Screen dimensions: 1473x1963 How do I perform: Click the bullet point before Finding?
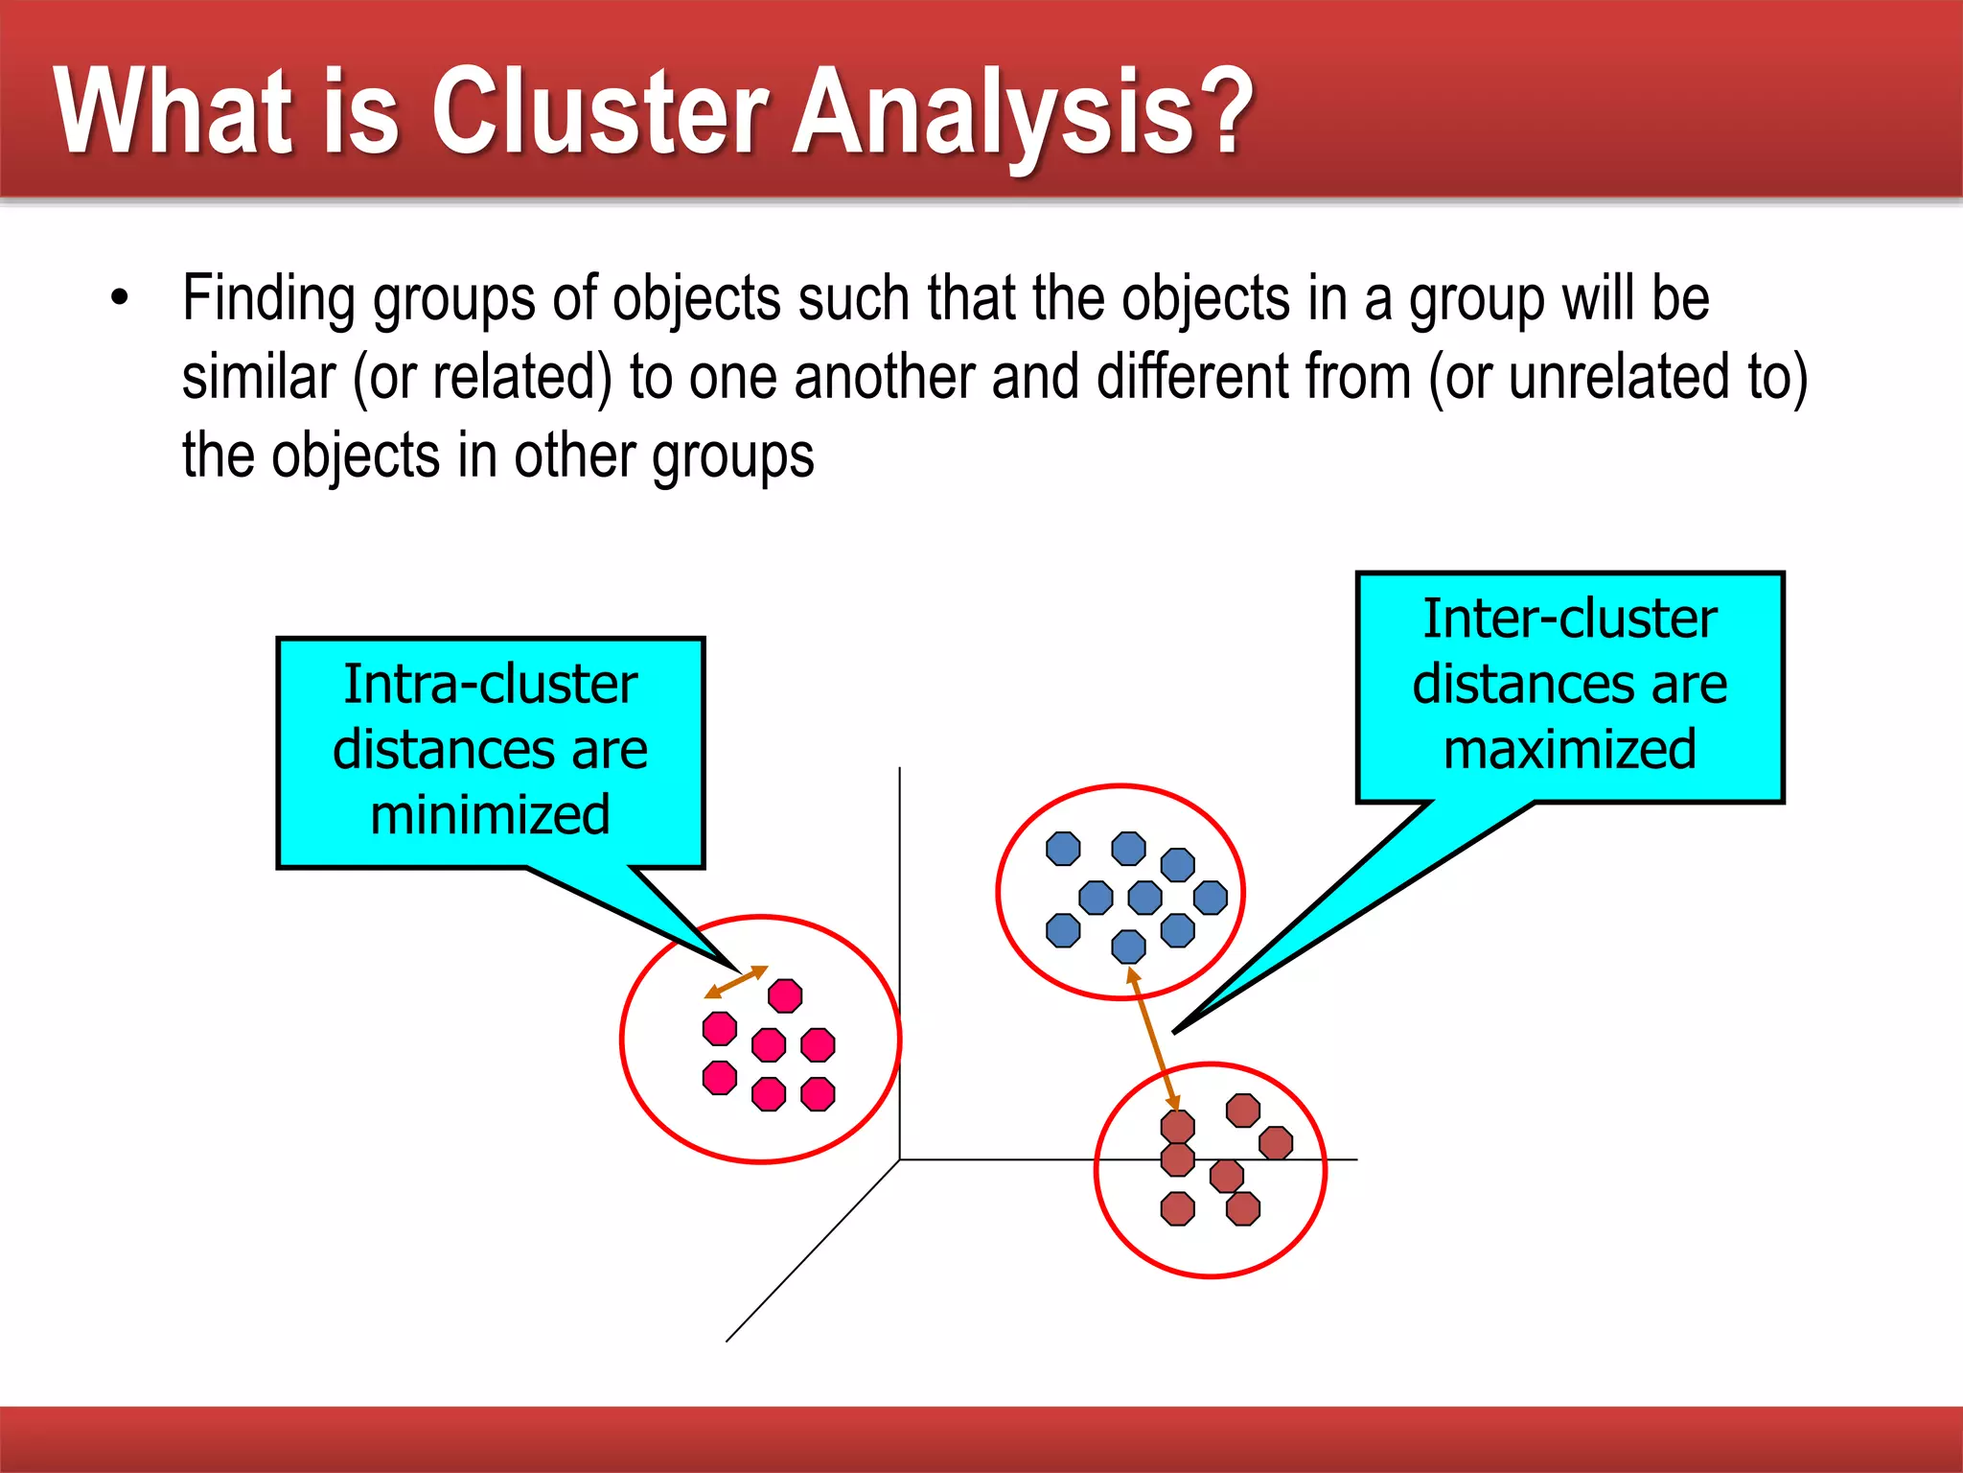point(119,298)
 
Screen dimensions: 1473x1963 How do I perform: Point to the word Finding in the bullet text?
point(269,300)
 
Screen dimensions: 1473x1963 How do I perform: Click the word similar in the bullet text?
point(259,377)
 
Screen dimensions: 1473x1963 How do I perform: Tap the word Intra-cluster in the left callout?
point(490,685)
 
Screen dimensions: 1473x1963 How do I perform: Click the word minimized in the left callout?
point(490,815)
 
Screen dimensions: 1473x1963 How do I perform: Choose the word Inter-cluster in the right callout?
point(1569,619)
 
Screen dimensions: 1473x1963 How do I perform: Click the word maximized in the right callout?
point(1569,749)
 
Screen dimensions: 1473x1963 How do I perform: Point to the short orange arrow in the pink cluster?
point(736,982)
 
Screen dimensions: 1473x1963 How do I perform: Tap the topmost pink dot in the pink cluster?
point(785,995)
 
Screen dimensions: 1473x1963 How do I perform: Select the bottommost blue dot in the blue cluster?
point(1128,947)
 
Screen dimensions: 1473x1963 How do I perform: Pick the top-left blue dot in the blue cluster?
point(1063,849)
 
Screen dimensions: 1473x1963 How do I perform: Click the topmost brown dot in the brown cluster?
point(1243,1111)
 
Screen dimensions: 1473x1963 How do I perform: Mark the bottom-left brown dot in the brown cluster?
point(1177,1208)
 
